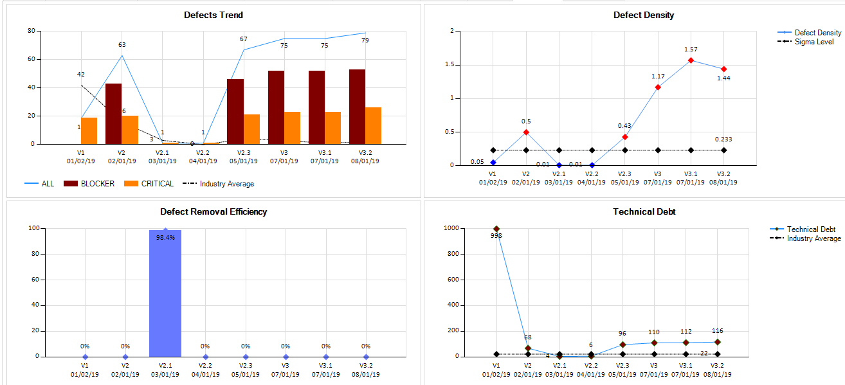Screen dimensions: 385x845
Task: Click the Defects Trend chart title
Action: (x=214, y=15)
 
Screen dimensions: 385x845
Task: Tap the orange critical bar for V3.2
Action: (x=373, y=125)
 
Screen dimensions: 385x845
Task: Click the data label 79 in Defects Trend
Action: (x=365, y=40)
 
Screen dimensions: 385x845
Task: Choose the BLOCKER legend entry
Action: (x=89, y=184)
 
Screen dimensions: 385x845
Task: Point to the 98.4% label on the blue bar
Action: (x=165, y=237)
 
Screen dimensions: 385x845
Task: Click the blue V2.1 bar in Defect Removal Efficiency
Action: (x=165, y=296)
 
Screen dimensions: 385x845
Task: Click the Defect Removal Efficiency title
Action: (x=214, y=211)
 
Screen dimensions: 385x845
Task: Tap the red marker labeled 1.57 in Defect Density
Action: (x=691, y=60)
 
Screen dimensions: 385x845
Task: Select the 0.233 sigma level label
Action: (x=723, y=139)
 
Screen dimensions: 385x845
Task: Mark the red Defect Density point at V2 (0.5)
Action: (x=526, y=132)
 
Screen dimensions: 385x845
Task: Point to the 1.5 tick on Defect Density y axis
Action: (x=448, y=65)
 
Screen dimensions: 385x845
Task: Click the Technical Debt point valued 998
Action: (x=496, y=229)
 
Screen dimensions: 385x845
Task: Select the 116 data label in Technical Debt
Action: (x=718, y=331)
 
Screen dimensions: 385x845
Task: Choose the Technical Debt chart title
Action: (x=644, y=211)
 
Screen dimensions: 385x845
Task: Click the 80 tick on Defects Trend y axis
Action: (x=31, y=31)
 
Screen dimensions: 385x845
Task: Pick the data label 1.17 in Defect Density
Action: (x=658, y=76)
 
